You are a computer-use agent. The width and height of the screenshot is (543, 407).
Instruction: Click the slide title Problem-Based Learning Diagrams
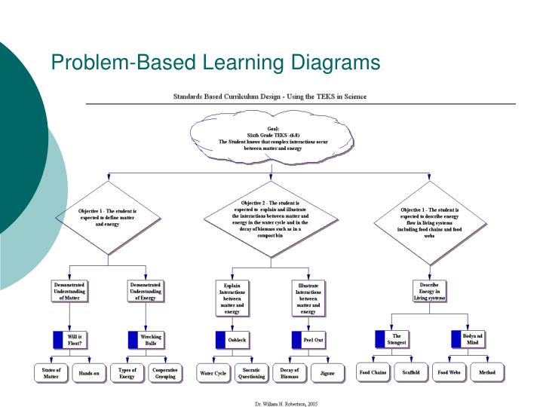(216, 61)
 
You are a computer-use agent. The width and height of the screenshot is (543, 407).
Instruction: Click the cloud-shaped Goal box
(272, 139)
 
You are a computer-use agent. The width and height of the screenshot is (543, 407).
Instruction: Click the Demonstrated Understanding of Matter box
(69, 292)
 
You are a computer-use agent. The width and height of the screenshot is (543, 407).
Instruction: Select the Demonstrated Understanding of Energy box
(146, 292)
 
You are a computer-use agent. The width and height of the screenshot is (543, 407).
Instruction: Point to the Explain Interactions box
(232, 298)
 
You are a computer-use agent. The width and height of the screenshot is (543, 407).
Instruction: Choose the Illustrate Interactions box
(308, 298)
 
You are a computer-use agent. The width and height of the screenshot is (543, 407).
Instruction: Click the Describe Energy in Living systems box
(429, 292)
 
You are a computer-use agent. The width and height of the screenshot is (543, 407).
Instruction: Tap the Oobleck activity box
(232, 341)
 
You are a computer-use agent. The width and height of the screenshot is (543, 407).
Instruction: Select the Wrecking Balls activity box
(146, 340)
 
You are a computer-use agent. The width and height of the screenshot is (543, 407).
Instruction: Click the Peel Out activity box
(308, 341)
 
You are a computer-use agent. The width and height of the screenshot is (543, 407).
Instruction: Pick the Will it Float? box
(69, 340)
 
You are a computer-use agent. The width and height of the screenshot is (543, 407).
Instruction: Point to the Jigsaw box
(327, 373)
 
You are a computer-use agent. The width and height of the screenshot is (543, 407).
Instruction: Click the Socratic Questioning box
(253, 372)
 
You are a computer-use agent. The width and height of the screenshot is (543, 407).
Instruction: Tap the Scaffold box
(410, 372)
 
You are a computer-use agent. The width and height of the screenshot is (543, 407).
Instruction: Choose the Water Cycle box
(212, 373)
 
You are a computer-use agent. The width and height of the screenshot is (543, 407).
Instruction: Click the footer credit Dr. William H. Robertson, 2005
(287, 403)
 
